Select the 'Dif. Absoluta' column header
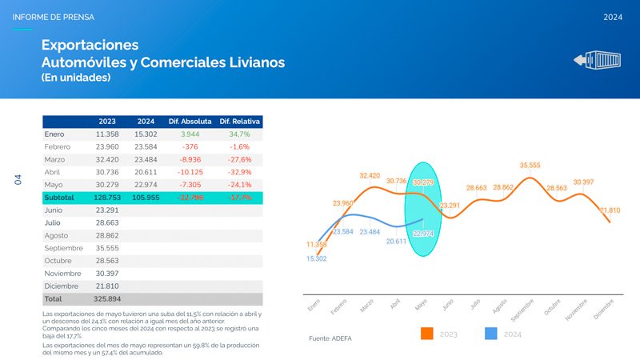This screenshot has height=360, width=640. pos(190,122)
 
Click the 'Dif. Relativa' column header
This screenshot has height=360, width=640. pos(240,122)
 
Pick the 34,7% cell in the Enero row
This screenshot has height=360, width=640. pos(240,134)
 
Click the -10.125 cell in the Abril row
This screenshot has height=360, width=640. pos(190,172)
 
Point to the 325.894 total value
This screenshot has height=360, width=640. pos(107,298)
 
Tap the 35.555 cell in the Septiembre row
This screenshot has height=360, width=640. pos(107,248)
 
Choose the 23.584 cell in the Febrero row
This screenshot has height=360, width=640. pos(146,147)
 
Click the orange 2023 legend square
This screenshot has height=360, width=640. pos(426,333)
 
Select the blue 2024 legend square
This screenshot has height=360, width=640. pos(493,333)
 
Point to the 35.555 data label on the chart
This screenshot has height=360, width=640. pos(530,166)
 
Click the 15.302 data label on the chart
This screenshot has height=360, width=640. pos(317,258)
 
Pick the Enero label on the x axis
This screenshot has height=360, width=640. pos(314,305)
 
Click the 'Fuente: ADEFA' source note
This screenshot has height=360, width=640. pos(330,338)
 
